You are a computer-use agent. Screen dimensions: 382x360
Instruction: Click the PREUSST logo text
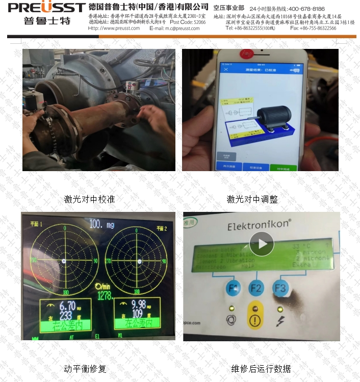pos(46,8)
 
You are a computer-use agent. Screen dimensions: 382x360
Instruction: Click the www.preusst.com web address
pos(121,29)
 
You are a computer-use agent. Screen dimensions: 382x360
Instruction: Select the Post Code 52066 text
pos(188,22)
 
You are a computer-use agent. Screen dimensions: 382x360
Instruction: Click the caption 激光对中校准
pos(89,199)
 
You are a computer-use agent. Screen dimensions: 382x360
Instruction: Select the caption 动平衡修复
pos(85,368)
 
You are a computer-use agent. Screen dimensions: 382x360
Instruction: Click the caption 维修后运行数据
pos(261,368)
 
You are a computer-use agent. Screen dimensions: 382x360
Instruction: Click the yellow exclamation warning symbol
pos(255,322)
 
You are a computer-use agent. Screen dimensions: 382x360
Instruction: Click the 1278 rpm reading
pos(105,296)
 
